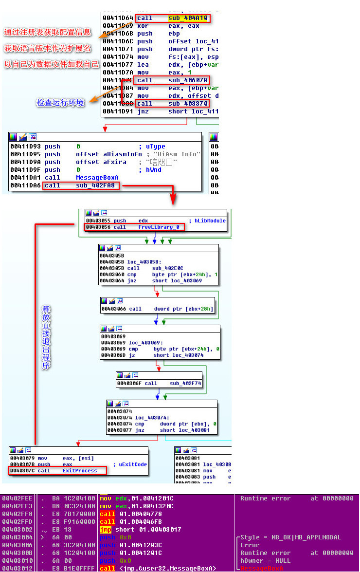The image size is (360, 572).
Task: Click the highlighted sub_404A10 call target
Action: point(187,18)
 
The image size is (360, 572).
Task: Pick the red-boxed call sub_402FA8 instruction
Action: point(82,185)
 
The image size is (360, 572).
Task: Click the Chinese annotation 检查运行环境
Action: point(60,103)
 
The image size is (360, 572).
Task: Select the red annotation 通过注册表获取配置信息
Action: point(47,33)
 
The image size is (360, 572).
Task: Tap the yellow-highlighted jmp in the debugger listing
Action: point(106,529)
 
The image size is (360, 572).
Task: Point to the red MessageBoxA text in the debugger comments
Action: point(261,569)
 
